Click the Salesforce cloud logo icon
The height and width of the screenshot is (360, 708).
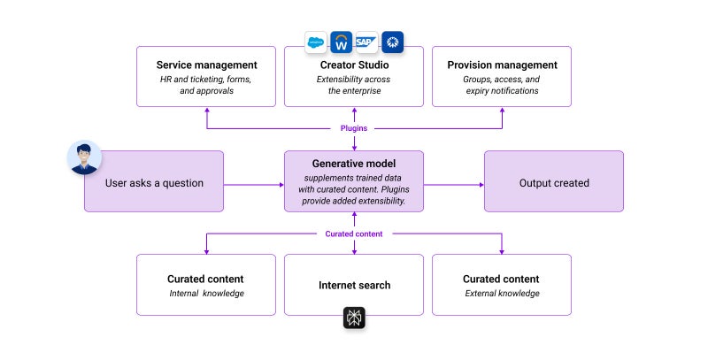(316, 42)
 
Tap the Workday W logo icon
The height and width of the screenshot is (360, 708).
(341, 42)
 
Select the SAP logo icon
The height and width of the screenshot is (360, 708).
(366, 42)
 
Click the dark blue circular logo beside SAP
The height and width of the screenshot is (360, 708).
(392, 42)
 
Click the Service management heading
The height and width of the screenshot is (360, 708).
(206, 65)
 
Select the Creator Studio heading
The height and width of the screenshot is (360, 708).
(354, 65)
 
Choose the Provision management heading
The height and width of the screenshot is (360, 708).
(502, 65)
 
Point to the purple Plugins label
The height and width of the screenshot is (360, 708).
(354, 128)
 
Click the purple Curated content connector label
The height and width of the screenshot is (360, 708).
(354, 234)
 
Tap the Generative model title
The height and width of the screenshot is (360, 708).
(354, 164)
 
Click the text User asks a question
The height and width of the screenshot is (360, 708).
(155, 183)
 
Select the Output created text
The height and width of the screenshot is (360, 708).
(554, 183)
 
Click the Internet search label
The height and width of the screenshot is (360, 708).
(354, 286)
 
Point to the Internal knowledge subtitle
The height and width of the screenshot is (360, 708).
(206, 294)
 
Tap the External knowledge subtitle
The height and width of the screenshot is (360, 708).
(502, 294)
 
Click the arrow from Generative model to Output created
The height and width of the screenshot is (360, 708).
(454, 185)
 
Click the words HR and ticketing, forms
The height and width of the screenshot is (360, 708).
(206, 80)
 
